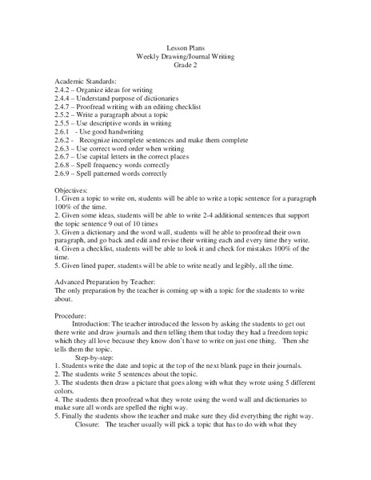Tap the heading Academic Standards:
86,83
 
